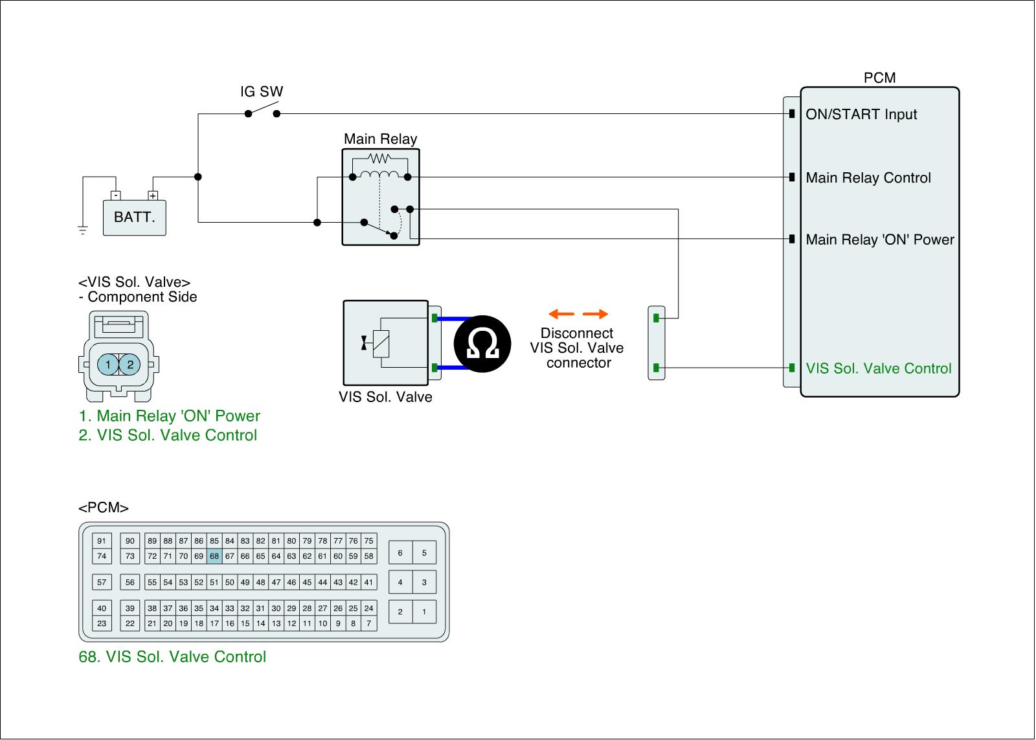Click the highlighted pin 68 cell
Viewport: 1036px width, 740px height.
point(214,556)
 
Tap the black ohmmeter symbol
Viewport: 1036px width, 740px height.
point(482,344)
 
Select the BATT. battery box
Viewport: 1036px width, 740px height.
point(134,218)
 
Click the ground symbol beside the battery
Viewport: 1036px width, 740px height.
point(83,230)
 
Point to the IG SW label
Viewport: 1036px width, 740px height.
point(262,91)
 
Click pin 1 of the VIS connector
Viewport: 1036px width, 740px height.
point(107,364)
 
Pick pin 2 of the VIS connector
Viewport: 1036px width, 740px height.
point(130,364)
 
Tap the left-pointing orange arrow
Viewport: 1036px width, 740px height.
point(561,314)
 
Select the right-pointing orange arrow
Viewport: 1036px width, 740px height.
point(595,314)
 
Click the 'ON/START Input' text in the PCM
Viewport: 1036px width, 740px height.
point(861,114)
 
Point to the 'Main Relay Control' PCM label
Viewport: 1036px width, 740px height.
point(868,177)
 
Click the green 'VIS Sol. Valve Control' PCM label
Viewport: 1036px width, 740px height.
point(878,368)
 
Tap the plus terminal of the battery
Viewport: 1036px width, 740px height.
point(153,195)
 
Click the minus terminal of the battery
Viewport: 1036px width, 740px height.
point(116,195)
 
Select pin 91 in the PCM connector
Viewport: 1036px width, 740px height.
point(102,541)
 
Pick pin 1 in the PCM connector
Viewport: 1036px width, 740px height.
point(424,611)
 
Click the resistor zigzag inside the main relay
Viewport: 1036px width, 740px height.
point(379,159)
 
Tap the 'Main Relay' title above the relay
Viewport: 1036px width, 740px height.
point(380,139)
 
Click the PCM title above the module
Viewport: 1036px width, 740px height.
point(880,78)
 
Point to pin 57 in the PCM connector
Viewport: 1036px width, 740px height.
point(102,582)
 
